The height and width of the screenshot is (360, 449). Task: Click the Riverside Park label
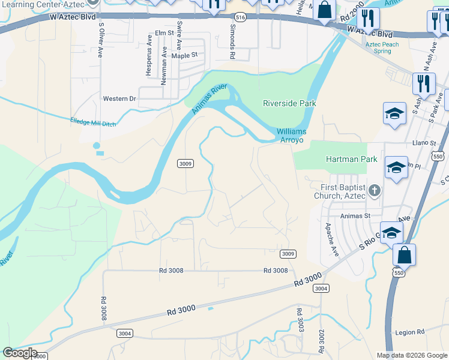tap(289, 103)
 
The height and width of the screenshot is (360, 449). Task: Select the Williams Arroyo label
tap(291, 136)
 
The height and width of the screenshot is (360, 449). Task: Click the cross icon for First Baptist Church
tap(375, 190)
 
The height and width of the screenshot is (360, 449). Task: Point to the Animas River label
tap(209, 100)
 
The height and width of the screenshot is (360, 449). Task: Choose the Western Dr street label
tap(119, 98)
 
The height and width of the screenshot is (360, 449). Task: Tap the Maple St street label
tap(184, 55)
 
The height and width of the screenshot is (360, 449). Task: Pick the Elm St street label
tap(164, 32)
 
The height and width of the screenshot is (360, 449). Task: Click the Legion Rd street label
tap(410, 332)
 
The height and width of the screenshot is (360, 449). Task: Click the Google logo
tap(19, 353)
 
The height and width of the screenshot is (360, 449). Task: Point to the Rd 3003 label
tap(298, 320)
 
